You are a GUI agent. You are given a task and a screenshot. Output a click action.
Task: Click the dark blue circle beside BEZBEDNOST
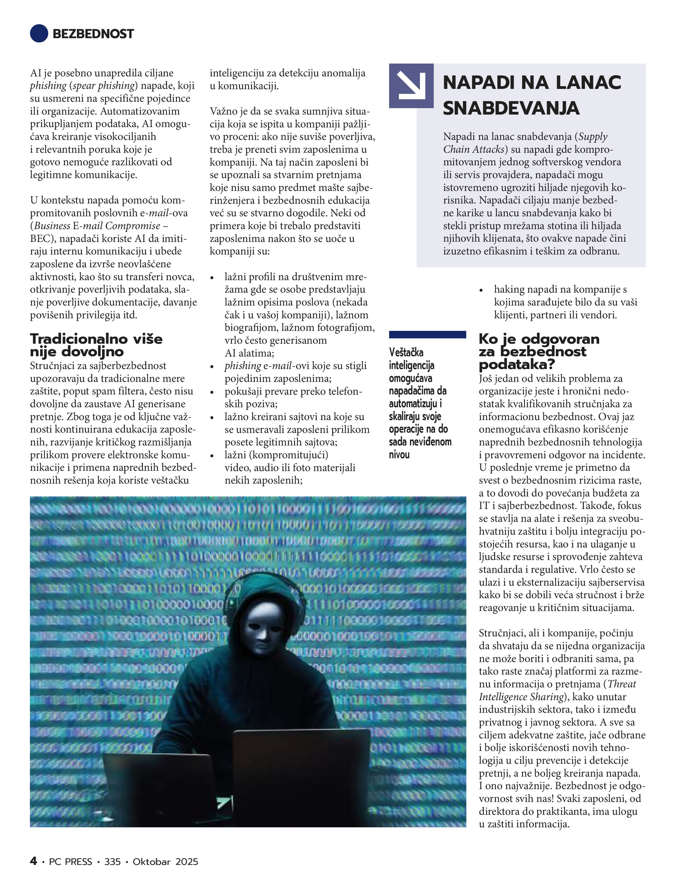[39, 34]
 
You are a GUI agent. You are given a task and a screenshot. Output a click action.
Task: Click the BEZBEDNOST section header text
[93, 34]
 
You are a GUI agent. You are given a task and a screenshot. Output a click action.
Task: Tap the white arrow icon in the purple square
[411, 86]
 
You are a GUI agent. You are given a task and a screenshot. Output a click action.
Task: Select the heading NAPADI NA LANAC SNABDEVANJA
[532, 95]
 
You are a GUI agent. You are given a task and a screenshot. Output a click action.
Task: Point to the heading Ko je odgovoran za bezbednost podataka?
[539, 351]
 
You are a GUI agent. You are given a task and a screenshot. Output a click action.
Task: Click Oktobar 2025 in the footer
[165, 862]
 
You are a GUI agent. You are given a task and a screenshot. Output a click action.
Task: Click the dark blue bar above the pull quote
[427, 334]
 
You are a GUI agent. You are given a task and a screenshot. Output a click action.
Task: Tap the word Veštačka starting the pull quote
[406, 353]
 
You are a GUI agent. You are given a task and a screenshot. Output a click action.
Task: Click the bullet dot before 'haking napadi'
[481, 290]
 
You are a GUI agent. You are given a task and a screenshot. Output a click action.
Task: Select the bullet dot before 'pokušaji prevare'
[212, 392]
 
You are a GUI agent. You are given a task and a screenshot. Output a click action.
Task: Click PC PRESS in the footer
[70, 862]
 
